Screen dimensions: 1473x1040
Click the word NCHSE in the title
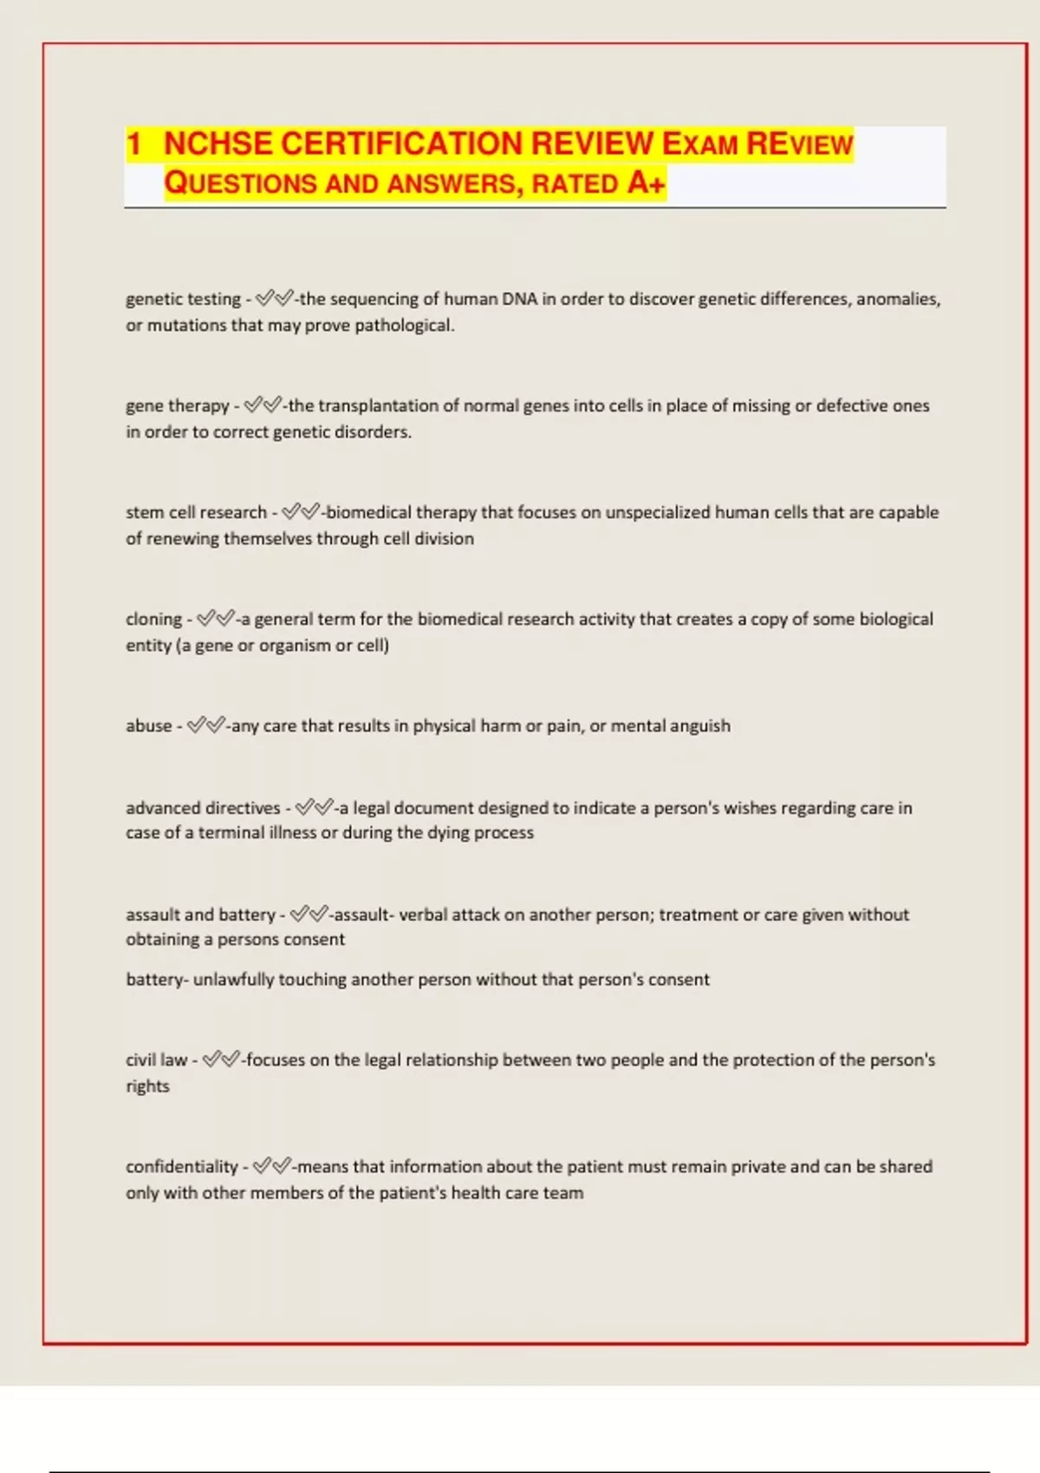[218, 144]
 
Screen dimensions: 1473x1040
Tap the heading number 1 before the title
[133, 144]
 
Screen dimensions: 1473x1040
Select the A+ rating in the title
[646, 183]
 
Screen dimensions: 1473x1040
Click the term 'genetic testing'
[183, 299]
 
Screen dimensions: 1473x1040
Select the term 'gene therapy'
[177, 406]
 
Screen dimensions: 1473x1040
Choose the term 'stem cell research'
[196, 512]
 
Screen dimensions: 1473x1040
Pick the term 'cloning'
[153, 620]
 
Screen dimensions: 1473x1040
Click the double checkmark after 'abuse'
[206, 725]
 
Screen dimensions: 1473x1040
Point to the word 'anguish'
[699, 726]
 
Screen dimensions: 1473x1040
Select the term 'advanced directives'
[203, 808]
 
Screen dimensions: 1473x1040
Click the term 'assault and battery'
[200, 915]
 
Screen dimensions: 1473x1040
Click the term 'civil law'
[156, 1060]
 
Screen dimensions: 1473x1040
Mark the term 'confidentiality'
[181, 1167]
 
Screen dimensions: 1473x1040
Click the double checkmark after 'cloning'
[216, 619]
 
